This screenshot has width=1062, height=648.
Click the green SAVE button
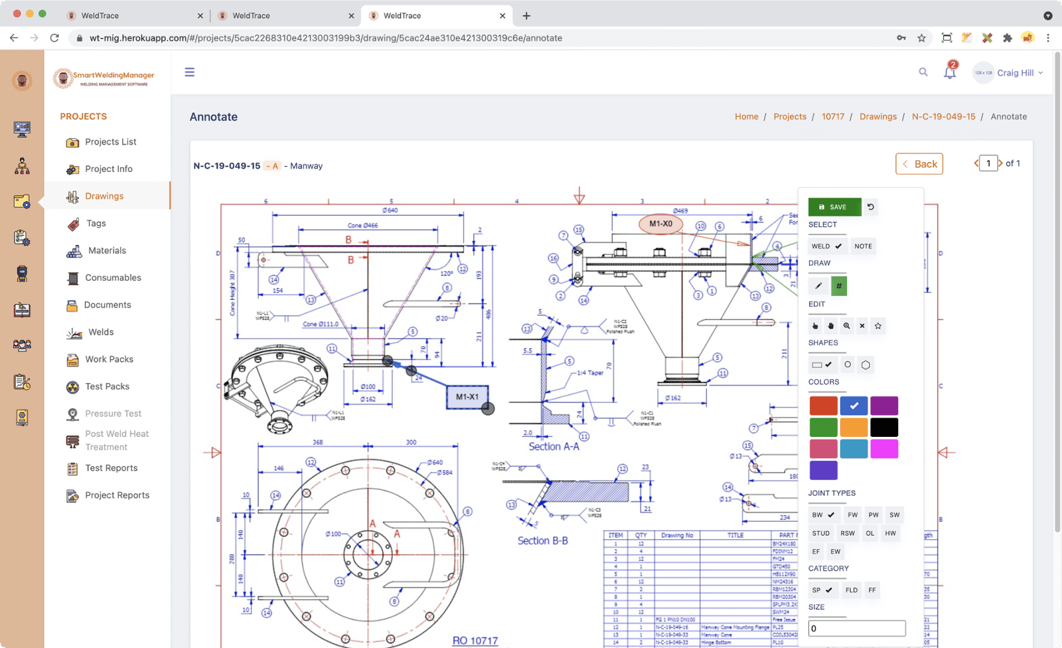834,207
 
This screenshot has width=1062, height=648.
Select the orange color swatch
854,428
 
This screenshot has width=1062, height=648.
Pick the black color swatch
884,428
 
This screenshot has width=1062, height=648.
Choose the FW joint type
852,515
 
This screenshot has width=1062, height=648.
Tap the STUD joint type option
821,533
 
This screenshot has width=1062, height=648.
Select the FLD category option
851,590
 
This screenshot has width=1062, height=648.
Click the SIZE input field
856,628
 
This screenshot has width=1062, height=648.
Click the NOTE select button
863,246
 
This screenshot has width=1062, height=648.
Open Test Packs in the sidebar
107,386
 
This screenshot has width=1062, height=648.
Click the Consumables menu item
113,278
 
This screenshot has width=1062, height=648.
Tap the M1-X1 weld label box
467,396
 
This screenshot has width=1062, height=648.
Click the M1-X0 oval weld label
660,224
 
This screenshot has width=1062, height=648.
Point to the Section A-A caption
554,447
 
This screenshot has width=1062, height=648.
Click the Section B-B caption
542,540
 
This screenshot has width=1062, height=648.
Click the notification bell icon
950,72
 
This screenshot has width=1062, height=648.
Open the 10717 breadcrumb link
832,116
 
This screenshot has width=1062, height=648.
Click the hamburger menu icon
190,72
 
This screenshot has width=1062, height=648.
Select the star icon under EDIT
878,326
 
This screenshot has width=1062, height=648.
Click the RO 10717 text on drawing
475,641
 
